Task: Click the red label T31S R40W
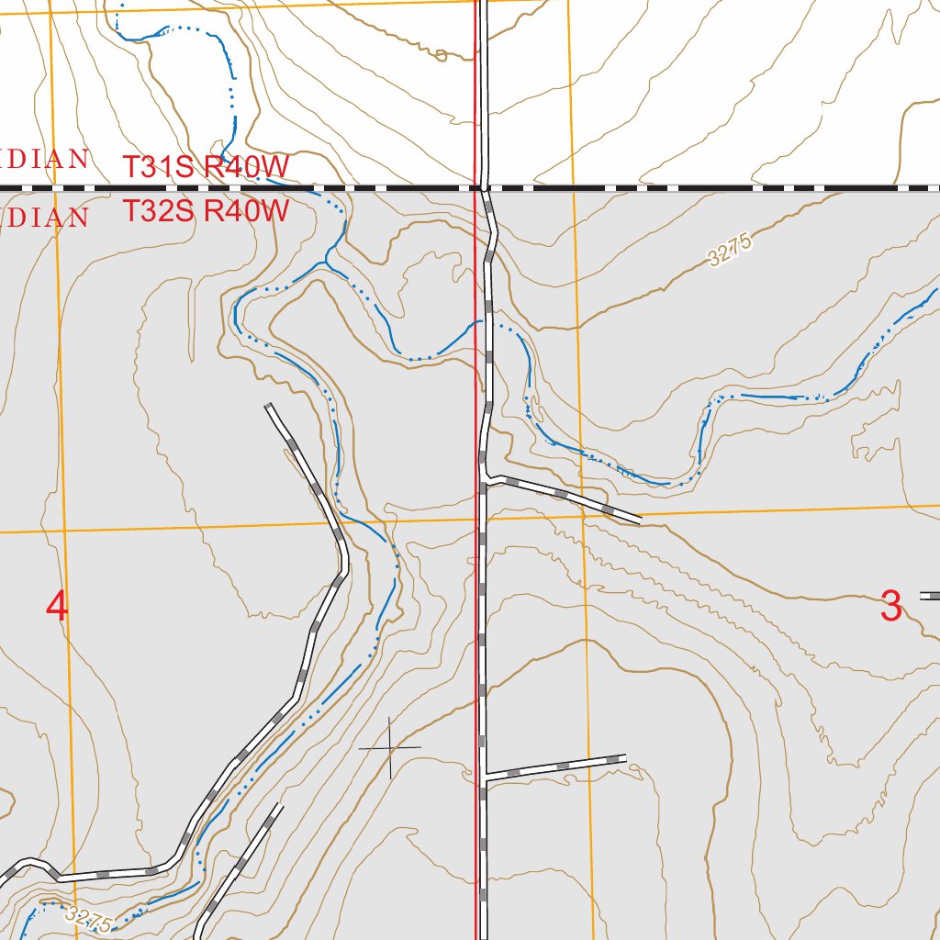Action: coord(207,167)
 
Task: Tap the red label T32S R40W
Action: coord(207,211)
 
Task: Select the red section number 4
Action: coord(57,607)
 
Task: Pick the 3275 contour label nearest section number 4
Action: coord(89,919)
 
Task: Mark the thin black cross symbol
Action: coord(390,748)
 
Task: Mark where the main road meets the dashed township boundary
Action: coord(484,188)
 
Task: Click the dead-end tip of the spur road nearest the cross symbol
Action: coord(625,758)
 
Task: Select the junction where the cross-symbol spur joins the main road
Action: coord(485,777)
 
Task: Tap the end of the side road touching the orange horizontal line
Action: coord(639,521)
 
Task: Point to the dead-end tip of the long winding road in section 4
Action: coord(268,406)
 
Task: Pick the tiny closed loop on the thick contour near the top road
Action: coord(441,56)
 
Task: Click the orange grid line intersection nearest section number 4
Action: coord(64,531)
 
